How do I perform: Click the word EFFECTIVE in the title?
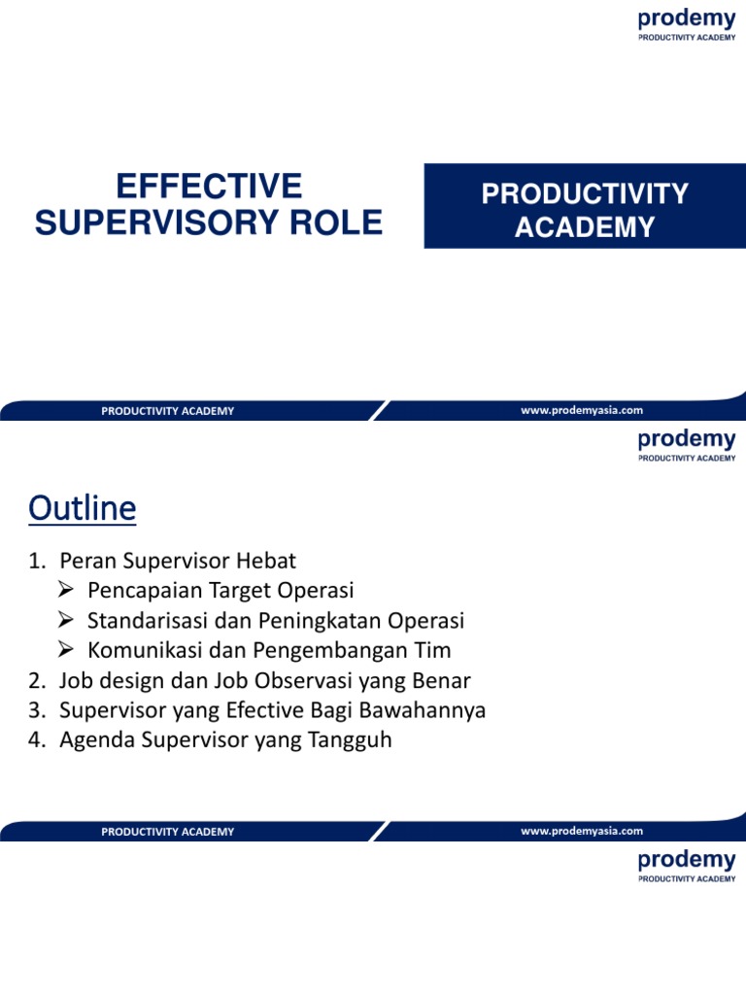[x=209, y=186]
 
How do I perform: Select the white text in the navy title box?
[x=585, y=210]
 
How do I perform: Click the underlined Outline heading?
[x=83, y=507]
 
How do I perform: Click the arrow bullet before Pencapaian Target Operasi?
[x=66, y=591]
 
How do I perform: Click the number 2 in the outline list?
[x=36, y=681]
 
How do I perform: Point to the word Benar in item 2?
[x=444, y=681]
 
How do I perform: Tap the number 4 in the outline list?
[x=36, y=741]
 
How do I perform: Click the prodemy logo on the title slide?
[x=686, y=25]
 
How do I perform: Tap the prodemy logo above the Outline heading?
[x=686, y=445]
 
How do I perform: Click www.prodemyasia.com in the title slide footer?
[x=582, y=411]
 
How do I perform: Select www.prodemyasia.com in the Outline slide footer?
[x=582, y=831]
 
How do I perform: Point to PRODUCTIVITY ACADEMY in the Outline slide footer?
[x=167, y=832]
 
